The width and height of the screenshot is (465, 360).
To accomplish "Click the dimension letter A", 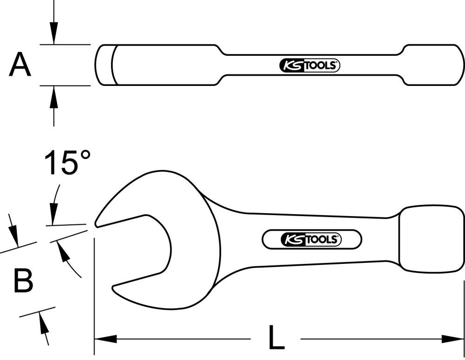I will [x=20, y=65].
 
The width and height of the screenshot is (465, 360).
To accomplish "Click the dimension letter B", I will [x=23, y=281].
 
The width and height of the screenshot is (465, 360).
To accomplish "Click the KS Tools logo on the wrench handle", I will [x=312, y=240].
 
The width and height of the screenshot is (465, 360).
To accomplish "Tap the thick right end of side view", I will [x=432, y=65].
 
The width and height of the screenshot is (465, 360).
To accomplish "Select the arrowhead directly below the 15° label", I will [x=53, y=216].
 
